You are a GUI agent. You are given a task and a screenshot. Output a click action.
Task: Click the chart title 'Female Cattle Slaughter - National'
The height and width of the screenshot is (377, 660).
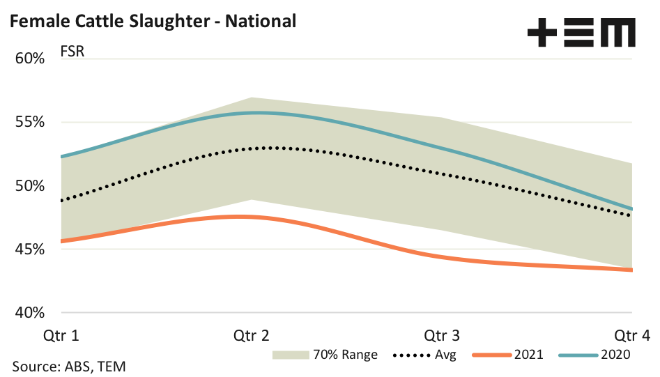point(153,21)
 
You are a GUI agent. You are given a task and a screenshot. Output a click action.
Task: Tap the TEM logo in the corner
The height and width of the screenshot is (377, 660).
point(581,33)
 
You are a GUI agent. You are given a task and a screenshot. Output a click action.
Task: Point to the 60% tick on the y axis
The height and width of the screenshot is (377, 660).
point(30,59)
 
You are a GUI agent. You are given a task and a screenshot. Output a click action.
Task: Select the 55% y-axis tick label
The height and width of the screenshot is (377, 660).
point(30,123)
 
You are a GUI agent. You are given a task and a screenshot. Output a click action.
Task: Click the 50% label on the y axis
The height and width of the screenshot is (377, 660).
point(30,186)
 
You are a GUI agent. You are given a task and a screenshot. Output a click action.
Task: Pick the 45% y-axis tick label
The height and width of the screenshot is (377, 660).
point(30,249)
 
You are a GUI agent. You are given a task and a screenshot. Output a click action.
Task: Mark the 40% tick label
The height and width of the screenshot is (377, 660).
point(30,313)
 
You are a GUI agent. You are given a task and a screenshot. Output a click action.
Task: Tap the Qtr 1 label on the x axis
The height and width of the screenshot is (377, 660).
point(61,335)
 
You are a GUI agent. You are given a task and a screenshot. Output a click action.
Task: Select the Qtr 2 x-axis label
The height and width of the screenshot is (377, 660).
point(252,335)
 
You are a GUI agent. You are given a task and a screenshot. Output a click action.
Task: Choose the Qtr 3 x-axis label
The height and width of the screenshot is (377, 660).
point(442,335)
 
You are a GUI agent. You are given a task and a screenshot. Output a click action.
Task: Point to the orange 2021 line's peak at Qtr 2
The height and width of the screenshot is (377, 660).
point(244,217)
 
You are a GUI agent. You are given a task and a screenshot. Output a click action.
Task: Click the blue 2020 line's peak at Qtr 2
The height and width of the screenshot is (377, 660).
point(254,112)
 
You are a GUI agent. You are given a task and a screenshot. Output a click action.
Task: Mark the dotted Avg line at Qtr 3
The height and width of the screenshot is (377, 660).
point(442,171)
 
